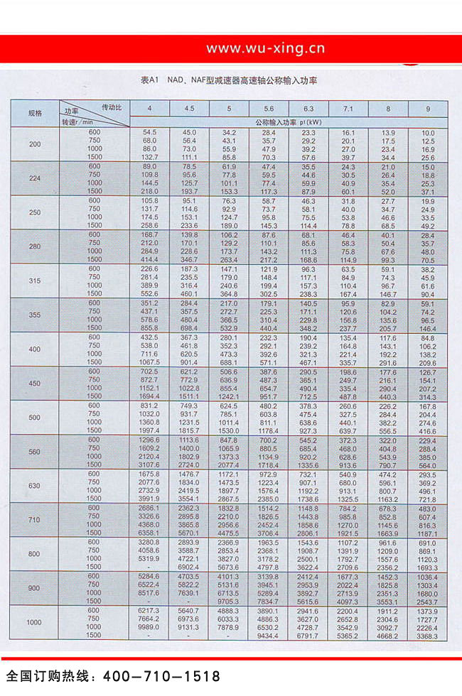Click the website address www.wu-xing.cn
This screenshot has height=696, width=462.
point(265,48)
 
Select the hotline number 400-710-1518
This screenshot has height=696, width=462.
point(162,676)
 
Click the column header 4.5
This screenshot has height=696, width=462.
point(189,108)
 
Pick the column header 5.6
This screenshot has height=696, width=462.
point(268,108)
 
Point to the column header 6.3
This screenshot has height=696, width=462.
point(308,108)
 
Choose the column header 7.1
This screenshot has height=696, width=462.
point(348,108)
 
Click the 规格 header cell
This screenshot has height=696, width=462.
point(35,113)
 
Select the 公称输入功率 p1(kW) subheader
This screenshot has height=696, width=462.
point(288,122)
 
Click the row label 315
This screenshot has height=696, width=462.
point(35,281)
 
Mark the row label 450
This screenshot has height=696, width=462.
point(35,384)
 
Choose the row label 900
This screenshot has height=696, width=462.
point(35,588)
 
